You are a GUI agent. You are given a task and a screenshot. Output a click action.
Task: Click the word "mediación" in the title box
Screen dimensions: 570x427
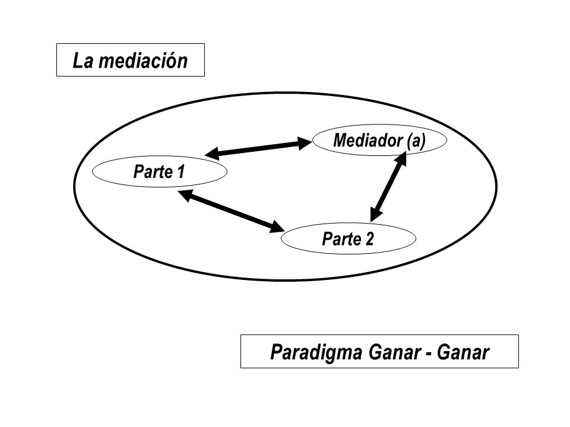point(143,60)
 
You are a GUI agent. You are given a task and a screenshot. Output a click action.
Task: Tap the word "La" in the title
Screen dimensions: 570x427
point(83,60)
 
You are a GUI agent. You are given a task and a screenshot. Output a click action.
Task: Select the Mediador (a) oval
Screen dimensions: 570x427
point(379,140)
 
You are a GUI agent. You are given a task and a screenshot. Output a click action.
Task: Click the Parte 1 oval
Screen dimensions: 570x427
point(160,171)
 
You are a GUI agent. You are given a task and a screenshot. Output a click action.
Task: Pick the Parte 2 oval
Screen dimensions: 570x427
point(349,238)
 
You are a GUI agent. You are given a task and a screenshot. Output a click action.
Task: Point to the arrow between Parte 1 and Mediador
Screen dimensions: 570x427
point(258,148)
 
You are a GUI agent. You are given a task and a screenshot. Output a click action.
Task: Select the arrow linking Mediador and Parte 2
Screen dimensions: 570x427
point(388,187)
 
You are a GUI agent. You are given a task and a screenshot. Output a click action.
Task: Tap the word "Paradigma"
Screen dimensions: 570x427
point(316,352)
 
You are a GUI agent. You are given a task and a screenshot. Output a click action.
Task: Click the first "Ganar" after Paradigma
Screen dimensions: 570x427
point(394,352)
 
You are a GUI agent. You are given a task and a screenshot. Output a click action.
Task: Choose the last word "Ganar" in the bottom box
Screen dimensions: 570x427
point(463,352)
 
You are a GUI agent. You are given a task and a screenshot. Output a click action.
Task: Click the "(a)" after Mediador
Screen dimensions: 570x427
point(416,141)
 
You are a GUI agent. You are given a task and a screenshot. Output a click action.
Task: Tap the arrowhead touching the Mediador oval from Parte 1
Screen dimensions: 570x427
point(305,143)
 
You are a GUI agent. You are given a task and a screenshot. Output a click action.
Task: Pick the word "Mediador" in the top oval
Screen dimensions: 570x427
point(368,140)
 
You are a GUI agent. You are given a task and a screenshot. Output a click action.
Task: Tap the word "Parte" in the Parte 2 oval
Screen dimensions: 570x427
point(341,238)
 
